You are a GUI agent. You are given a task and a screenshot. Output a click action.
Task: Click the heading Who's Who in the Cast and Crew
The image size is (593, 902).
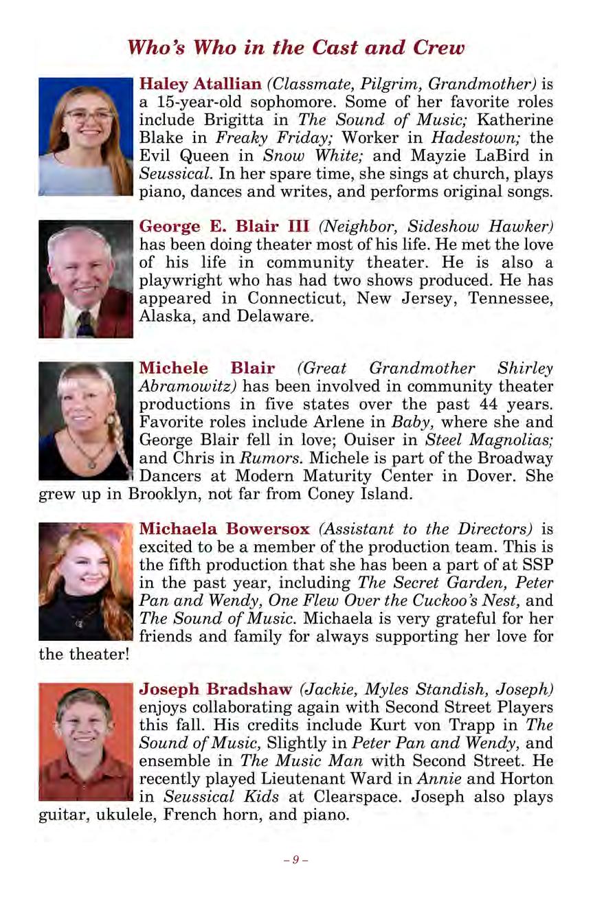click(296, 48)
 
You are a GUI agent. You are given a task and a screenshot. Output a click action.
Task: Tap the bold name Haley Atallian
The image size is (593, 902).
click(201, 85)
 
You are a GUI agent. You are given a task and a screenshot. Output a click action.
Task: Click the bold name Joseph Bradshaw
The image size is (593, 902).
click(216, 688)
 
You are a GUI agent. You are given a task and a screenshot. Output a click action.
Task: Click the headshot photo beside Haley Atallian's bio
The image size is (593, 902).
click(85, 137)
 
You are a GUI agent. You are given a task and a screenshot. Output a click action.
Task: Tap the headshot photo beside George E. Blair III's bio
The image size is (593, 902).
click(85, 279)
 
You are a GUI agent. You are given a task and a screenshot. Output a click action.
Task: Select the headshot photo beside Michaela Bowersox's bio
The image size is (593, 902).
click(85, 582)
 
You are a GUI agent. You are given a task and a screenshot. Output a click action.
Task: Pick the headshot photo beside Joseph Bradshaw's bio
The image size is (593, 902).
click(85, 741)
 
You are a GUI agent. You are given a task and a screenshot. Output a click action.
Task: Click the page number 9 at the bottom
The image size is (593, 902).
click(295, 859)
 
